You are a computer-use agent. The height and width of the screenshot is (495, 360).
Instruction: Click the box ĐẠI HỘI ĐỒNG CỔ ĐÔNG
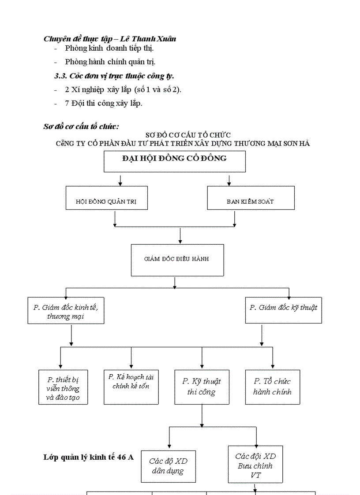tap(174, 161)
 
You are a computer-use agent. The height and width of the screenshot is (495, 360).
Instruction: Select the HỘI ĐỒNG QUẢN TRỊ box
tap(106, 198)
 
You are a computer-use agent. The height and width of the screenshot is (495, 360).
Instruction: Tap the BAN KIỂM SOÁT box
tap(251, 198)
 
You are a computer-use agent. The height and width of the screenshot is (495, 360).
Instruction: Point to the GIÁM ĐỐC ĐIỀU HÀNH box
tap(177, 260)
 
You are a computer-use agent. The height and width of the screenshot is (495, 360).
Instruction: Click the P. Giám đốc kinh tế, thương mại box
tap(66, 311)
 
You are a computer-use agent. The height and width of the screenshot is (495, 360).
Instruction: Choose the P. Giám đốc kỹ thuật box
tap(283, 310)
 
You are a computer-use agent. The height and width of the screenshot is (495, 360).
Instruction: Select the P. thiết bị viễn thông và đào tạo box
tap(63, 387)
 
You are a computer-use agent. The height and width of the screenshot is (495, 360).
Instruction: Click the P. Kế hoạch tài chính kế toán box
tap(131, 387)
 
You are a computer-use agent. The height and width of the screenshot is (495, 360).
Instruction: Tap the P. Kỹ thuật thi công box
tap(202, 387)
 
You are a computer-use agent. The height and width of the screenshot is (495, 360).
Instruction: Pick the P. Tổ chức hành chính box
tap(272, 387)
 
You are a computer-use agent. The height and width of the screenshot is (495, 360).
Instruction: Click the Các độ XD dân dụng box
tap(168, 466)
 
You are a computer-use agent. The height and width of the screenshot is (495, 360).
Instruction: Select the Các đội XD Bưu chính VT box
tap(255, 464)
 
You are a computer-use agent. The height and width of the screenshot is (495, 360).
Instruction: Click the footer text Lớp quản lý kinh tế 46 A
tap(88, 457)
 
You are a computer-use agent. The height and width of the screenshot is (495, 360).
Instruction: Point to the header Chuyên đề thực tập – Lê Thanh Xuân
tap(110, 39)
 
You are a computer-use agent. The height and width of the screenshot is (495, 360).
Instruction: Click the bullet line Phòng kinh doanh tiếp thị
tap(109, 48)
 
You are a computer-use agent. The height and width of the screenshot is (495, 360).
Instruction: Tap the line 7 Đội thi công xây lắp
tap(104, 104)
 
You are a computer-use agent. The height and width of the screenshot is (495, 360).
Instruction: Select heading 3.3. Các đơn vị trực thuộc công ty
tap(114, 76)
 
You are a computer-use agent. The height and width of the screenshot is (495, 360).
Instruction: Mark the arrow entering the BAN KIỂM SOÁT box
tap(229, 181)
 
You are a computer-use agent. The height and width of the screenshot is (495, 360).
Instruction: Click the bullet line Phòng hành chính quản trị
tap(110, 62)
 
